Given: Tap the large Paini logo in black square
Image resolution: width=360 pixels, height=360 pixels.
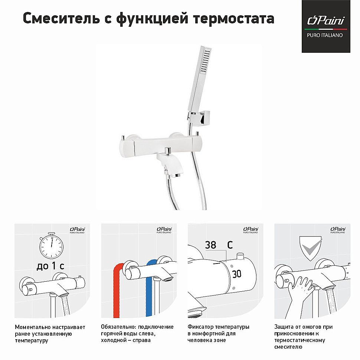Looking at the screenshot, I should click(325, 21).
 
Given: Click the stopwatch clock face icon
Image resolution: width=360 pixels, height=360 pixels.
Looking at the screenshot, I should click(52, 246).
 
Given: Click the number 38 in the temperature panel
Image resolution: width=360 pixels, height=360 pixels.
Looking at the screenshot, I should click(210, 245).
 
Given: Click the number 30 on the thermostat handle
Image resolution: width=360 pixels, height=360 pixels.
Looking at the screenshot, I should click(236, 274).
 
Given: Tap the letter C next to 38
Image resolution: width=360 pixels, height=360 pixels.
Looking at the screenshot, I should click(230, 245).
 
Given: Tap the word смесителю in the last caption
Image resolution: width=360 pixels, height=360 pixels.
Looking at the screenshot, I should click(288, 347).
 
